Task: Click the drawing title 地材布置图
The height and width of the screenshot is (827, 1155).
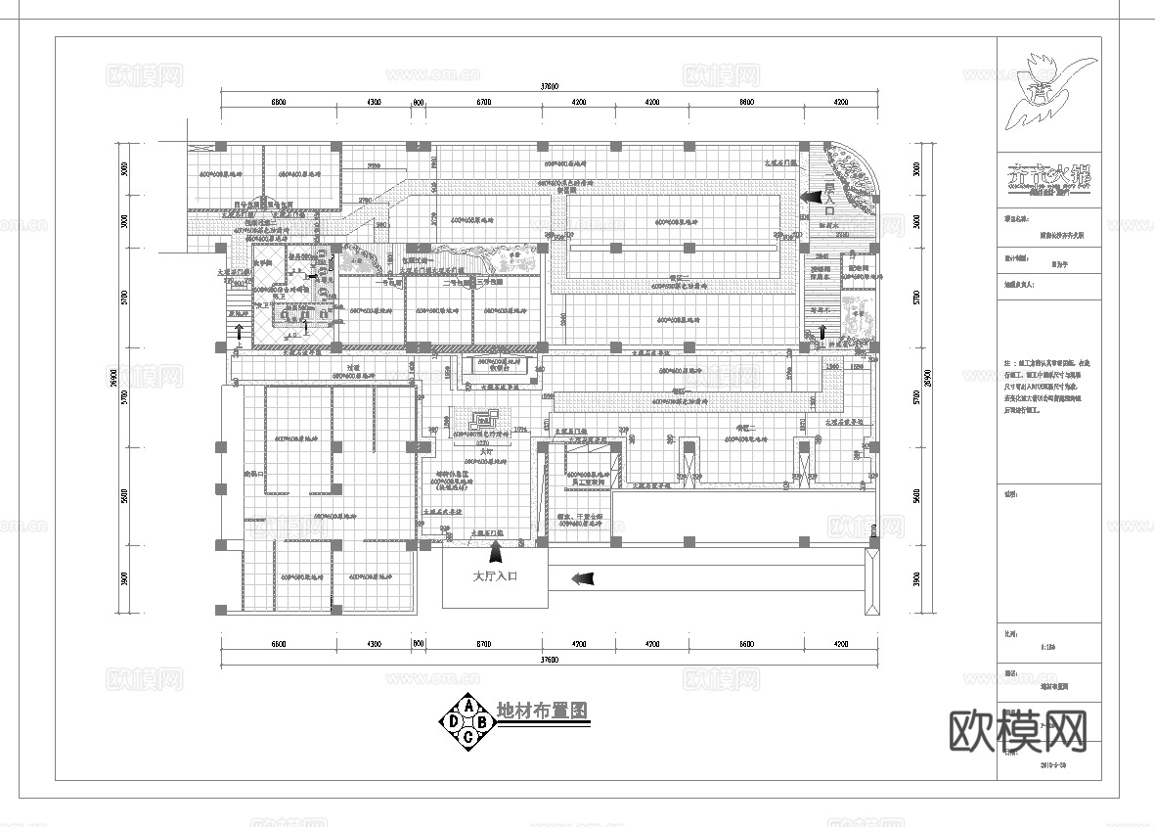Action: coord(543,712)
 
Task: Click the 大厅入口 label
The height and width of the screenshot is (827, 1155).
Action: coord(494,576)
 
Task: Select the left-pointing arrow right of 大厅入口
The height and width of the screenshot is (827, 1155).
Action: coord(582,578)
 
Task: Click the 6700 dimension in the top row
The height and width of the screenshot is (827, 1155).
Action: coord(483,102)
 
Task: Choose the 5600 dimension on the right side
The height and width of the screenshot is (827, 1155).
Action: coord(916,496)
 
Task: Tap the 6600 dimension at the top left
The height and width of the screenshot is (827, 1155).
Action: coord(279,102)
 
